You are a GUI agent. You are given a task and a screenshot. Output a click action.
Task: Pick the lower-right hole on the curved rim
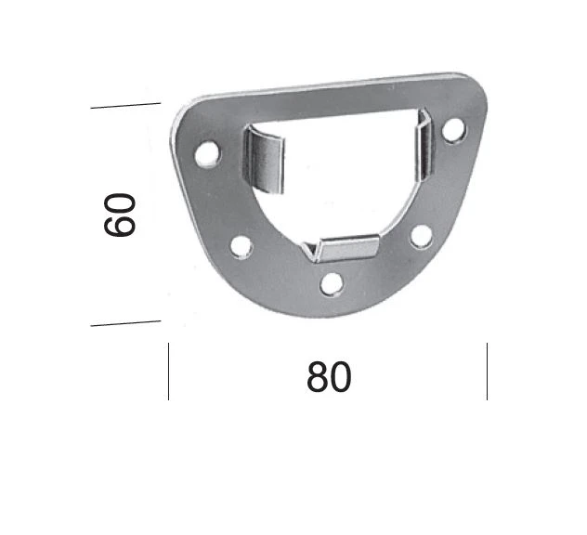[421, 236]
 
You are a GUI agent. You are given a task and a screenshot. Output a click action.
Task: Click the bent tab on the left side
[265, 162]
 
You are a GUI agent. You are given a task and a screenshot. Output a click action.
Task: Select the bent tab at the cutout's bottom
[347, 247]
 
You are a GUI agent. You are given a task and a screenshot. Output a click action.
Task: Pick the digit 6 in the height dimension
[121, 225]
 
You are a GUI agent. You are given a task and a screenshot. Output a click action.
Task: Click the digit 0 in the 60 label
[121, 202]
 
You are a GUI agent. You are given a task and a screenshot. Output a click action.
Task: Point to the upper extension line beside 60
[125, 106]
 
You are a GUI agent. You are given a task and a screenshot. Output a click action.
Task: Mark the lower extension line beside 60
[125, 323]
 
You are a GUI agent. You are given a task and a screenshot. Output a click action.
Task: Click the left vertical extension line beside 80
[168, 372]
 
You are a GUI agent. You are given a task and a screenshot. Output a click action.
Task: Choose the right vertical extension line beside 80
[487, 372]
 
